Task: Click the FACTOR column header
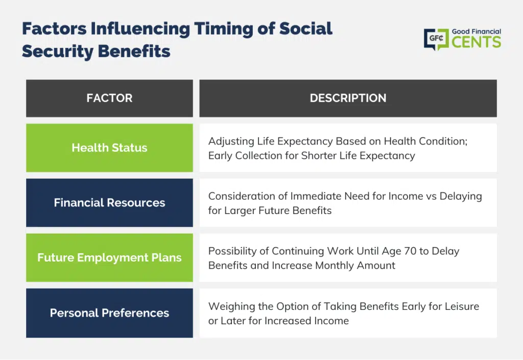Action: point(109,99)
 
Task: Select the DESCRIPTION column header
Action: point(348,99)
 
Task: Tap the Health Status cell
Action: point(109,148)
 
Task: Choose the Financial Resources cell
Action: point(109,203)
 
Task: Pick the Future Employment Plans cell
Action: point(109,258)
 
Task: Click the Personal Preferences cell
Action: point(109,313)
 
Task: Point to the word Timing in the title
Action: point(224,29)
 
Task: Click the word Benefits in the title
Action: point(134,52)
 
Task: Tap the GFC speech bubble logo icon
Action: point(436,39)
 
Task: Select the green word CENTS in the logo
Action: point(477,42)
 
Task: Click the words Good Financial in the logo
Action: point(477,32)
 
